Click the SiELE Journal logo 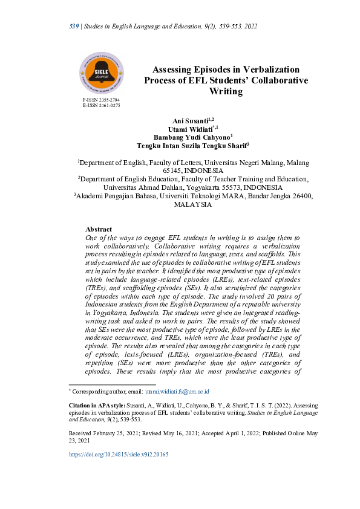[x=102, y=74]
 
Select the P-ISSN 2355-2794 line [x=101, y=99]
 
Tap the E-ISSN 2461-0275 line [x=101, y=105]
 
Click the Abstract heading [x=99, y=230]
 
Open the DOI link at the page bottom [x=119, y=454]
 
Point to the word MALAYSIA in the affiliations [x=192, y=205]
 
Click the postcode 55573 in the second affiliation [x=231, y=188]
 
